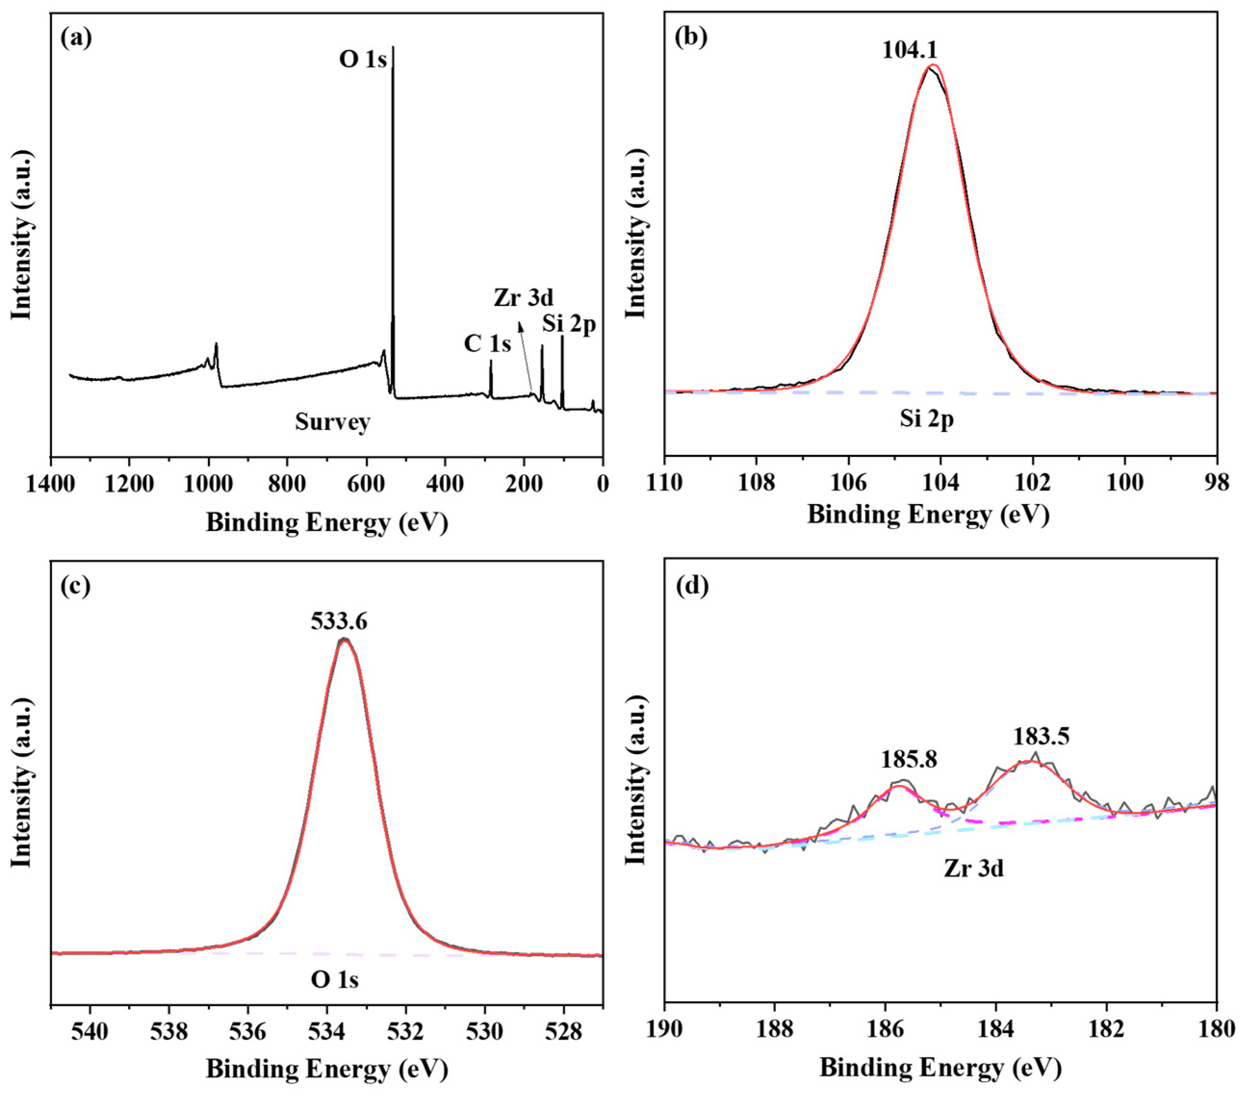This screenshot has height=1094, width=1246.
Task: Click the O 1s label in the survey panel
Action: tap(363, 60)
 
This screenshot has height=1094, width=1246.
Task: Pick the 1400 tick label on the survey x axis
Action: tap(51, 486)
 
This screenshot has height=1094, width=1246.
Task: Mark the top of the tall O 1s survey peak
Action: tap(393, 48)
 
